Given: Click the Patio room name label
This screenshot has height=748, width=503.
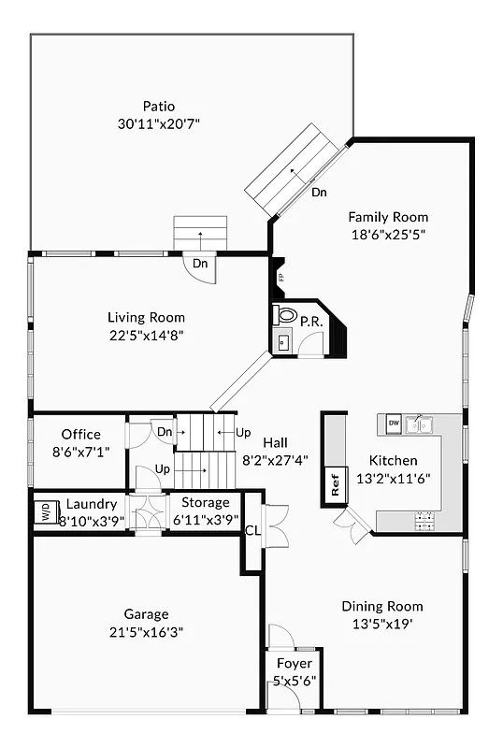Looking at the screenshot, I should pyautogui.click(x=159, y=106).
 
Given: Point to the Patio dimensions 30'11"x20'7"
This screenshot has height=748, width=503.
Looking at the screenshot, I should pyautogui.click(x=159, y=123).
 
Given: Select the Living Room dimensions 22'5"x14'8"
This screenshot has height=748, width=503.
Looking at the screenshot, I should pyautogui.click(x=146, y=335).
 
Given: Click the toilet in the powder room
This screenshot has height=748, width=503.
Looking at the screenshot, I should pyautogui.click(x=284, y=316).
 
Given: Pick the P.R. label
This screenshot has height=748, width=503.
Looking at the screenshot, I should pyautogui.click(x=310, y=322).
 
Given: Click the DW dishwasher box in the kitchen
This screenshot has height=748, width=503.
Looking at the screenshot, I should pyautogui.click(x=394, y=424).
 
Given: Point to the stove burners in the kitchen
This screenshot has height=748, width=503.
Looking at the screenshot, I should pyautogui.click(x=424, y=516).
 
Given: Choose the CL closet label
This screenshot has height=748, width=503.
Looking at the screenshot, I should pyautogui.click(x=252, y=530).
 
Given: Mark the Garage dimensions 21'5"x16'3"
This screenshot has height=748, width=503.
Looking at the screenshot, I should pyautogui.click(x=146, y=631).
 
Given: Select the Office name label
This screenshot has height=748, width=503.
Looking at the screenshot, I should pyautogui.click(x=80, y=434).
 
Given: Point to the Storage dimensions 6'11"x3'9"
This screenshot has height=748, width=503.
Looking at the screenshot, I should pyautogui.click(x=205, y=520).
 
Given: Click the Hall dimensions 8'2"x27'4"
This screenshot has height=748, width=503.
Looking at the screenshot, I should pyautogui.click(x=276, y=460).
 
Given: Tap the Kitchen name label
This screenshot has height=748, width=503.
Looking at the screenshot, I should pyautogui.click(x=393, y=460).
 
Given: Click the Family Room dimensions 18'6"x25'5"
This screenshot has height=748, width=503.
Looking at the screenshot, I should pyautogui.click(x=388, y=235).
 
